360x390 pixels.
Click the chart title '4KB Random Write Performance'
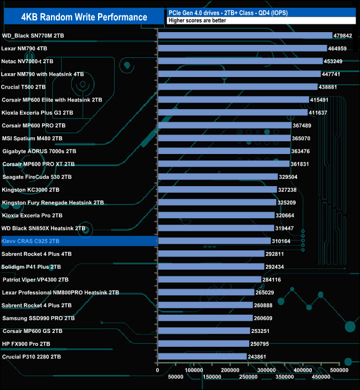point(84,17)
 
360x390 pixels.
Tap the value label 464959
point(339,49)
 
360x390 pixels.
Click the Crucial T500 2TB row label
point(23,87)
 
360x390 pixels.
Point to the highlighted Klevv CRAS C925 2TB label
point(30,242)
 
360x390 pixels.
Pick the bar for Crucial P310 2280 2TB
point(202,357)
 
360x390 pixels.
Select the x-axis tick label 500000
point(340,370)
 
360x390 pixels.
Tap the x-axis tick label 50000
point(176,377)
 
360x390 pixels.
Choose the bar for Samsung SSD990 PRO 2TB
point(205,318)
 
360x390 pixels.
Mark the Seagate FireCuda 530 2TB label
point(37,177)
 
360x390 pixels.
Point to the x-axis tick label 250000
point(249,377)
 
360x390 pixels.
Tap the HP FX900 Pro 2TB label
point(26,343)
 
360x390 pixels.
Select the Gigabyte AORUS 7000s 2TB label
point(39,151)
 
